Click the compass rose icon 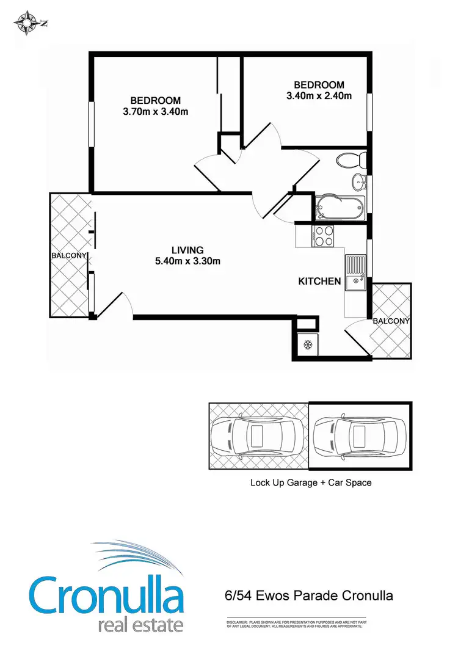[x=26, y=24]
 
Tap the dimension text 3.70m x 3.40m [x=155, y=111]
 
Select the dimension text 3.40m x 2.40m [x=319, y=96]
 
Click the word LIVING [x=187, y=250]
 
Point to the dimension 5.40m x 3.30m [x=187, y=261]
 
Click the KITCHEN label [x=319, y=282]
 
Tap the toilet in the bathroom [x=351, y=161]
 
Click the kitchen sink [x=354, y=274]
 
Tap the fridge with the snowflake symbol [x=307, y=345]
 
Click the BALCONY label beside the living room [x=69, y=256]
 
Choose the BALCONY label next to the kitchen [x=391, y=321]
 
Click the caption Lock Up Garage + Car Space [x=311, y=482]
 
